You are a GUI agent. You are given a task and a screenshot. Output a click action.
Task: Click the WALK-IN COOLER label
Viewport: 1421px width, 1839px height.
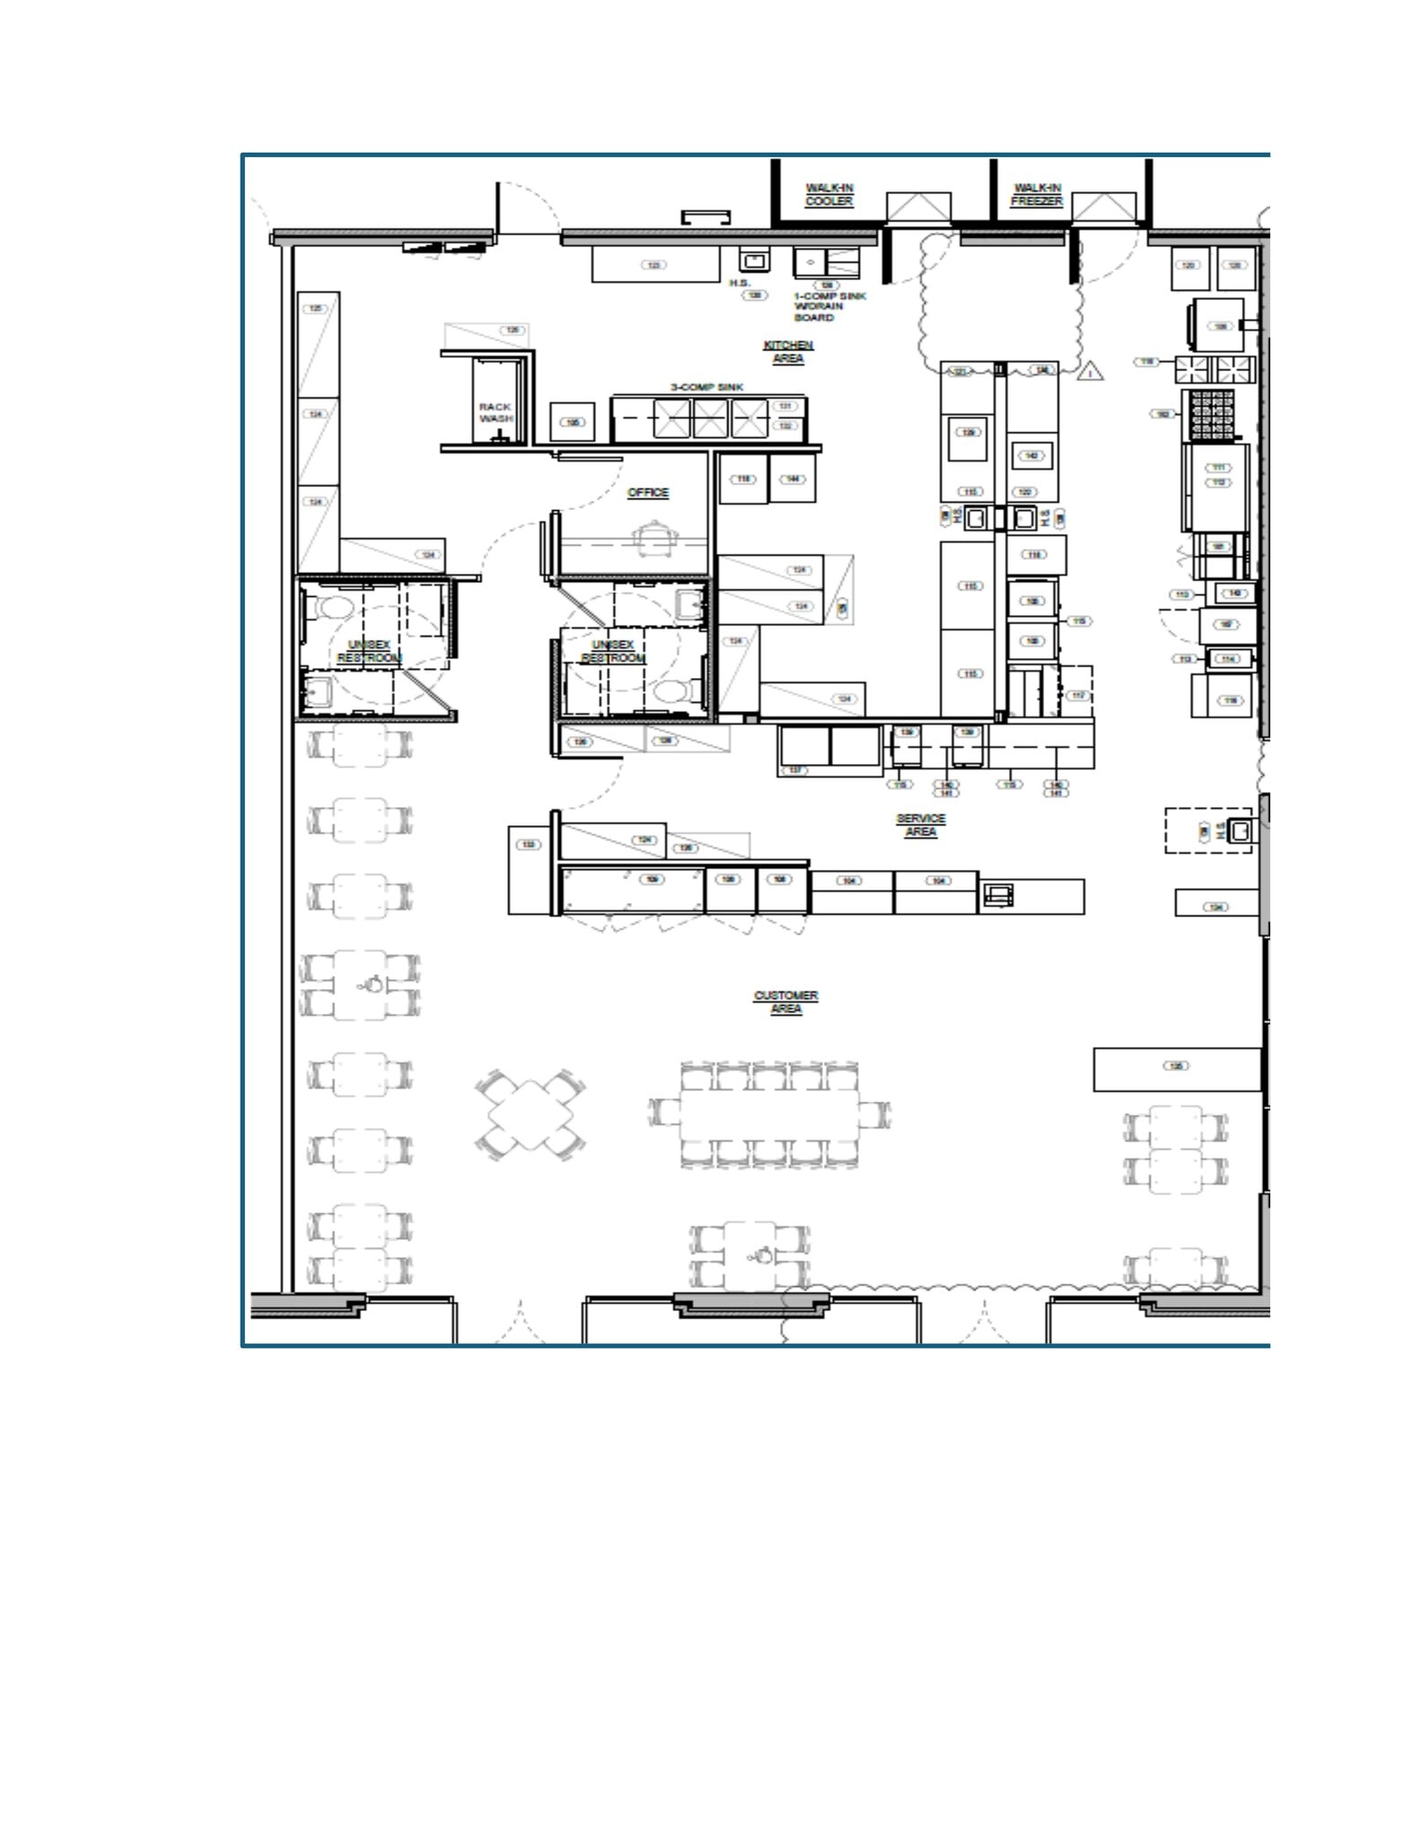829,195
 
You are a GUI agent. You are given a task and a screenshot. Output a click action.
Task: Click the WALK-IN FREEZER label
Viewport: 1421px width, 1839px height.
1037,195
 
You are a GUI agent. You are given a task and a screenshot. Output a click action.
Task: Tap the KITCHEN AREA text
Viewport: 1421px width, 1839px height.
788,352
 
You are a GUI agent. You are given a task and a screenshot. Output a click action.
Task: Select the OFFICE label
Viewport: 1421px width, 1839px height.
648,493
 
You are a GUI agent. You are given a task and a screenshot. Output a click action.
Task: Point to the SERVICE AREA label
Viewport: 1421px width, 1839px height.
920,825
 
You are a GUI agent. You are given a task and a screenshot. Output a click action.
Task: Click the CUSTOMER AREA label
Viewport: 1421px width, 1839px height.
785,1002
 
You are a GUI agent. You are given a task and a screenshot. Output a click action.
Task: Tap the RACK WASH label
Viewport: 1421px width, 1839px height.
496,413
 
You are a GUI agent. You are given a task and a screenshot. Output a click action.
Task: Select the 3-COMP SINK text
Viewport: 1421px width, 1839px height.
707,387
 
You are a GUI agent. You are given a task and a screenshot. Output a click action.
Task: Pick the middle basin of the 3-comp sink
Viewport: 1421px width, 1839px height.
710,419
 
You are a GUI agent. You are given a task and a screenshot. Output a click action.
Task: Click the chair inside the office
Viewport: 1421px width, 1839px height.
649,539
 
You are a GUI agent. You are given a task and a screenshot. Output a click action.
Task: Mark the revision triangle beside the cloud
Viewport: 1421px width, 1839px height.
1090,371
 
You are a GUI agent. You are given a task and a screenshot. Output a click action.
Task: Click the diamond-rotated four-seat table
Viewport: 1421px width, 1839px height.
531,1115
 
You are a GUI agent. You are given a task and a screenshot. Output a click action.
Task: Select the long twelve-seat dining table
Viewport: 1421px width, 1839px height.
769,1114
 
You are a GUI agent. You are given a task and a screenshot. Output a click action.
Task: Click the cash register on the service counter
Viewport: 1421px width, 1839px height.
998,894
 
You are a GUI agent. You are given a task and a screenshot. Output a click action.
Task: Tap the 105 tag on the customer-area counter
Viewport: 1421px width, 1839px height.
1176,1066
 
